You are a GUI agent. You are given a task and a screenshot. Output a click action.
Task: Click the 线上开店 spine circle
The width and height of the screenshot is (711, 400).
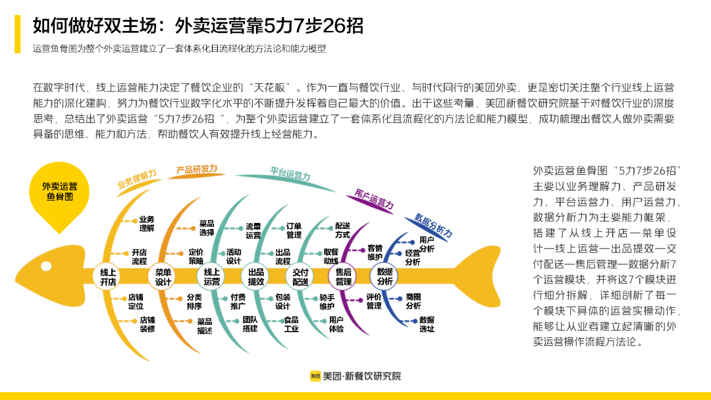108,277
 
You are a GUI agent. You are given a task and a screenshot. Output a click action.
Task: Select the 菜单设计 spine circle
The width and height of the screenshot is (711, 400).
163,277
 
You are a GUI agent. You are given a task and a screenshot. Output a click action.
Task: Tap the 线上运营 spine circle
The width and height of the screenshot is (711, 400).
212,277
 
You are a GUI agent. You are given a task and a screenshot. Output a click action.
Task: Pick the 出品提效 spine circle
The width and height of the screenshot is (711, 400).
256,277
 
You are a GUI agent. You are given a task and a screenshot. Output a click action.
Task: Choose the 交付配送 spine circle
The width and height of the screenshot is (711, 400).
300,277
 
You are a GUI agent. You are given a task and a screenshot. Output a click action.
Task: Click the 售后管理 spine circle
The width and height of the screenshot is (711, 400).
344,277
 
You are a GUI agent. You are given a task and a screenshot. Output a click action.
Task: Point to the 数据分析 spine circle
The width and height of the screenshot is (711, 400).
385,277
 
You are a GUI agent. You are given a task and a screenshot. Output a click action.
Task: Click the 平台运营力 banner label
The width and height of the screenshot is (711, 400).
290,174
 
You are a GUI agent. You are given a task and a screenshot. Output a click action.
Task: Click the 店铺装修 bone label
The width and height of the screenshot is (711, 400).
147,324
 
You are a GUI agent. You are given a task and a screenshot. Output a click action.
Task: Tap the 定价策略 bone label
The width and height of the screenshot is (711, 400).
196,256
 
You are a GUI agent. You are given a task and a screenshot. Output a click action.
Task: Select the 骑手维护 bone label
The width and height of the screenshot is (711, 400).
327,301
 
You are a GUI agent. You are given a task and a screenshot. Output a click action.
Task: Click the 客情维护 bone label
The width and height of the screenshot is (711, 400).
375,252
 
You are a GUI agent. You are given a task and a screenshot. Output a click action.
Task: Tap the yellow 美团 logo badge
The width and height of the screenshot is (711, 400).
315,376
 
